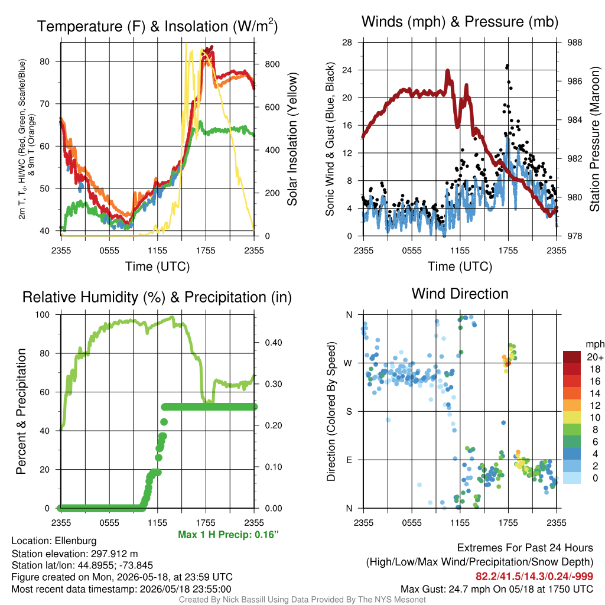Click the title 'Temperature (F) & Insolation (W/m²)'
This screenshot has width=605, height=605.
coord(157,26)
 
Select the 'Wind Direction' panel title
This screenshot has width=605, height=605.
coord(460,294)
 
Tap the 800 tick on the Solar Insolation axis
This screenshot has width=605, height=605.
coord(272,64)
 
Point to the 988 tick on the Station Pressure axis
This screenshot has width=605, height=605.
coord(574,43)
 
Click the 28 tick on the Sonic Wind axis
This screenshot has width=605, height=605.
coord(347,43)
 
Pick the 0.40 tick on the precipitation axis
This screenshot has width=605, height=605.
coord(274,343)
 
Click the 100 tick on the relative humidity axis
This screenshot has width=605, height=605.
coord(43,315)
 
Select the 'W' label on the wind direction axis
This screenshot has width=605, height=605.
coord(348,363)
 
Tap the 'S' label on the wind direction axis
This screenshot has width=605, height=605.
coord(349,412)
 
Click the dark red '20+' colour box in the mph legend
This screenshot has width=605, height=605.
coord(571,357)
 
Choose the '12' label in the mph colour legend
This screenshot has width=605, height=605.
coord(595,405)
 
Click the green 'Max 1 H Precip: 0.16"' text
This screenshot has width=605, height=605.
coord(228,535)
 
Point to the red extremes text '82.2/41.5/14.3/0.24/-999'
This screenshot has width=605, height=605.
coord(534,577)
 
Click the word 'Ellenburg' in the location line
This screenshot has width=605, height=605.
coord(76,541)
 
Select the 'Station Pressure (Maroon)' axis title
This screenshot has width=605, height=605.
coord(594,139)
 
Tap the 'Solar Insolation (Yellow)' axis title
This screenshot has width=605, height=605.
coord(292,139)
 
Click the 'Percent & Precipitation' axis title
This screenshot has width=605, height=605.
coord(21,411)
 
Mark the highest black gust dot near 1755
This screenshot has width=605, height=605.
coord(508,66)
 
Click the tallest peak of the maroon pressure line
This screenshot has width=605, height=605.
coord(448,71)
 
